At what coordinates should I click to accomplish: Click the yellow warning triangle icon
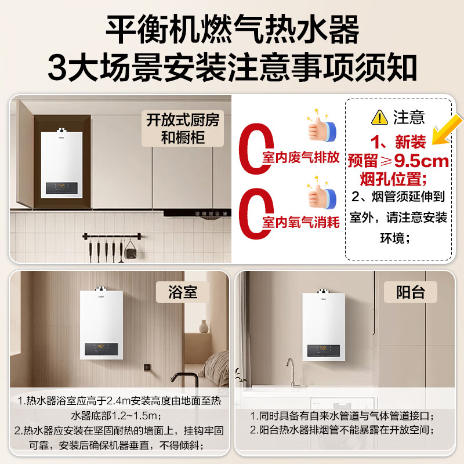pyautogui.click(x=379, y=118)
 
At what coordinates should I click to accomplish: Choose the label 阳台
pyautogui.click(x=410, y=292)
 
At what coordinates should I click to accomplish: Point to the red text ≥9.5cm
pyautogui.click(x=414, y=160)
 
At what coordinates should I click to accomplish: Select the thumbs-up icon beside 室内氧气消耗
pyautogui.click(x=320, y=195)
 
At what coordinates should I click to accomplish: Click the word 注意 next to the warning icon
pyautogui.click(x=409, y=118)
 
